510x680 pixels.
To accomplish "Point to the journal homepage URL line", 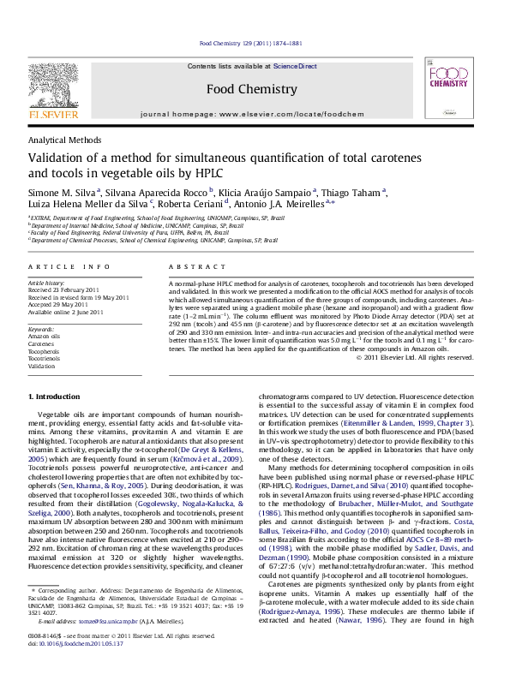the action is (x=251, y=113).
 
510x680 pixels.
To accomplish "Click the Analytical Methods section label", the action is (x=65, y=139).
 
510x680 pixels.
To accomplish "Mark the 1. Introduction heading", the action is (x=56, y=397).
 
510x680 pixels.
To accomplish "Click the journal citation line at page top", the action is (x=251, y=42).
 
